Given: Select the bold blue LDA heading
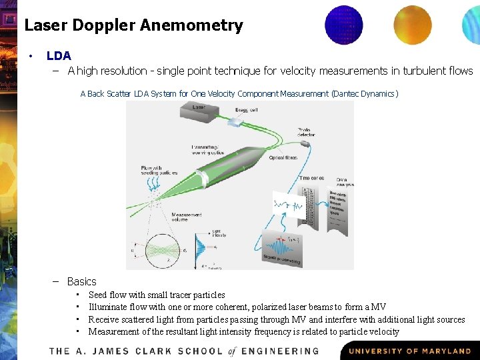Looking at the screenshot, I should click(x=59, y=56).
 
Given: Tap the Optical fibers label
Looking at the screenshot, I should click(x=283, y=158).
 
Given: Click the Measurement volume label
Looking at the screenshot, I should click(x=187, y=217).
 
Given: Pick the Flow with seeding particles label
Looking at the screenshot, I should click(x=158, y=170).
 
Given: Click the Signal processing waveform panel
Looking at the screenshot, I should click(x=291, y=249).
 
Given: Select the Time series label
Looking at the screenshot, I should click(x=312, y=178).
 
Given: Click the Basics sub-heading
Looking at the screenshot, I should click(x=81, y=281).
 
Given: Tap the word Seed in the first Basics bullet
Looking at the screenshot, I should click(x=98, y=295).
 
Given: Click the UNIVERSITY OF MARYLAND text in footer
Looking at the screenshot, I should click(x=410, y=351).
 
